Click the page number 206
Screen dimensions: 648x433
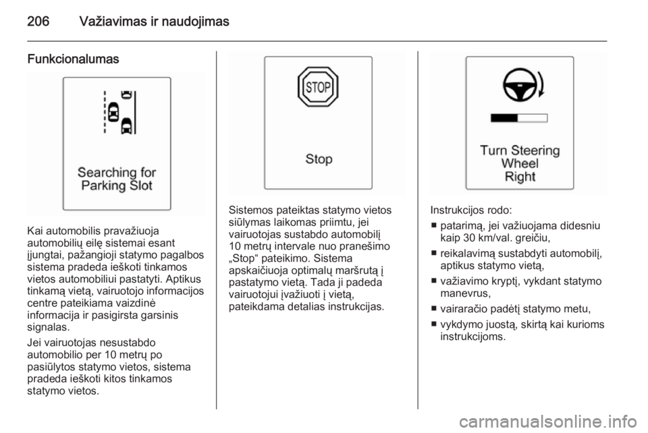(38, 21)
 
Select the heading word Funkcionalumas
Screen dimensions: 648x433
(73, 59)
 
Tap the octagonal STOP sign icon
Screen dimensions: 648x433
(318, 87)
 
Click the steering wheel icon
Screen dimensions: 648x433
(520, 84)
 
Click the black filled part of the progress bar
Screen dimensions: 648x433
(504, 118)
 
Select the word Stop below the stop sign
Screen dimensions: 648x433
(319, 159)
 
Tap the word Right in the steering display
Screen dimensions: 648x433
(520, 177)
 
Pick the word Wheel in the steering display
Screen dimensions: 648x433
(520, 163)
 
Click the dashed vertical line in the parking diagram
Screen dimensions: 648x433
(105, 112)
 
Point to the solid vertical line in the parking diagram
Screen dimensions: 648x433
(135, 112)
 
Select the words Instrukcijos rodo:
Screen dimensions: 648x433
(471, 210)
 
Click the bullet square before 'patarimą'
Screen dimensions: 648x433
(433, 226)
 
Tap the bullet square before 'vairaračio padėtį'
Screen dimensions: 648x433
(433, 309)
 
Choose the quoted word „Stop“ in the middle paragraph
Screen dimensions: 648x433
(244, 258)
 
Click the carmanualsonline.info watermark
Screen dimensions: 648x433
(548, 422)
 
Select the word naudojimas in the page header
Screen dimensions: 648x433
(195, 21)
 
